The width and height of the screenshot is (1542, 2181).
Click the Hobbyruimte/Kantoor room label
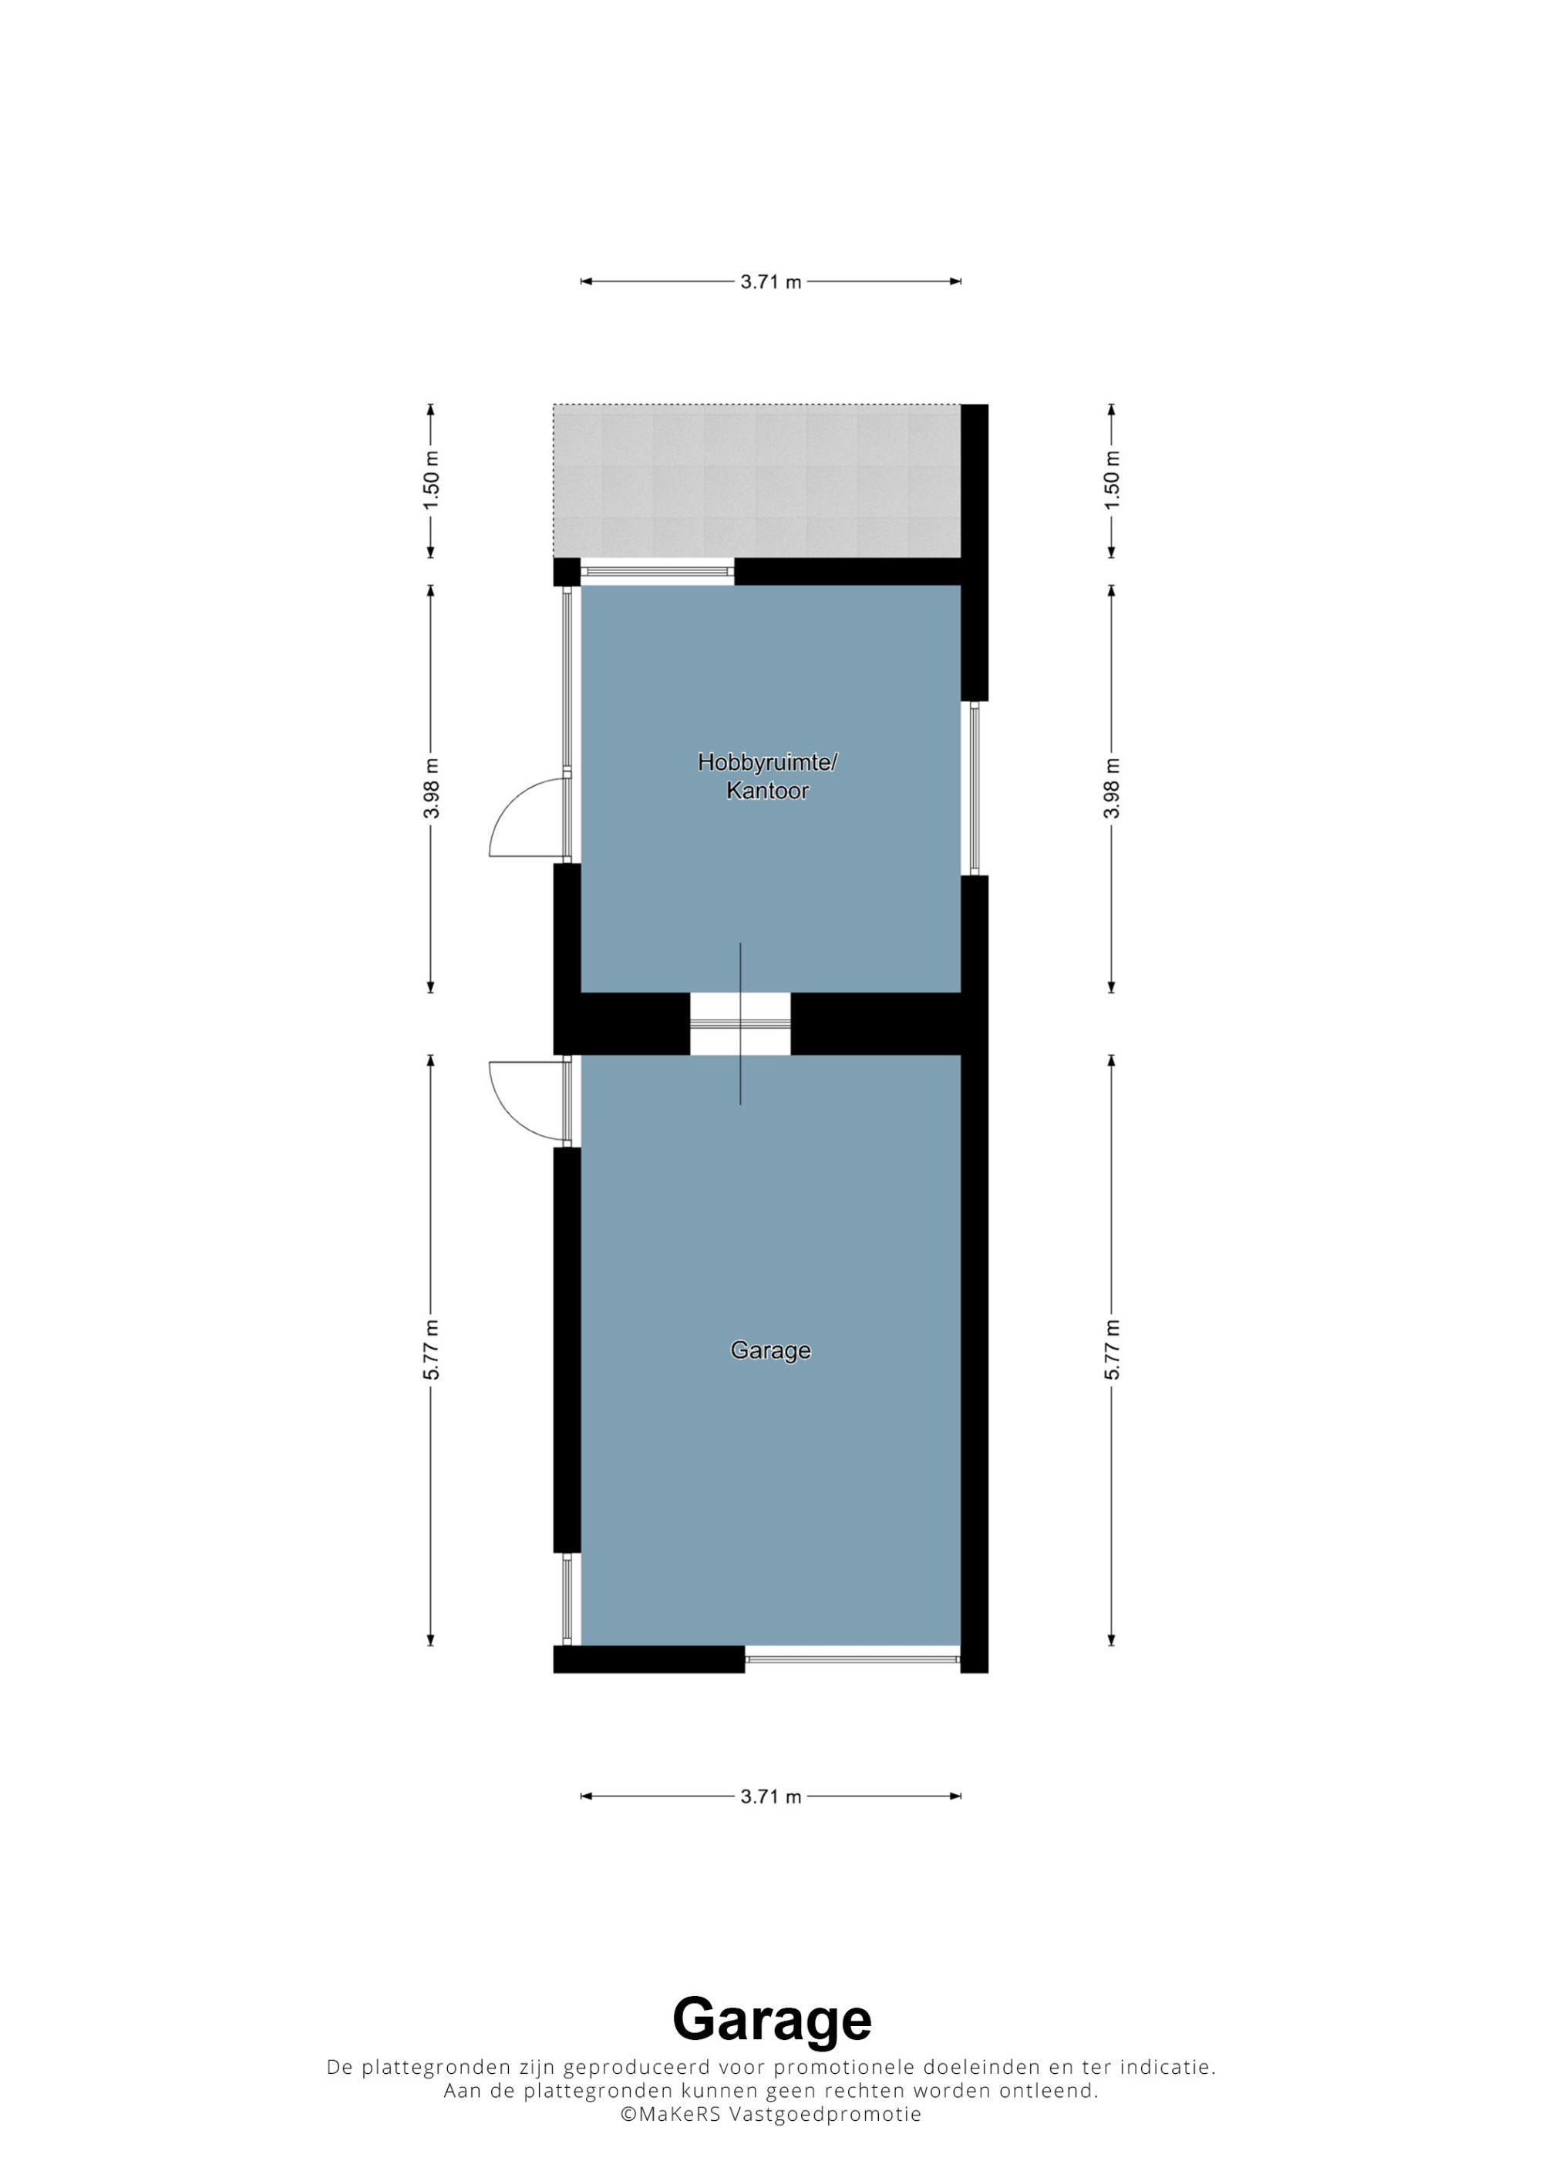[x=768, y=776]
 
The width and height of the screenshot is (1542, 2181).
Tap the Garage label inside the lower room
[x=770, y=1349]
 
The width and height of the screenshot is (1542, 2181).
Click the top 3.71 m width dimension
[x=770, y=281]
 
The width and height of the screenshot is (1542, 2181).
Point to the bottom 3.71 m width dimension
[x=770, y=1796]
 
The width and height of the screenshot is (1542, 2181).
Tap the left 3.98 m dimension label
[x=431, y=788]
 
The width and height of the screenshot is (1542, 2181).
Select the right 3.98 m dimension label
[x=1112, y=788]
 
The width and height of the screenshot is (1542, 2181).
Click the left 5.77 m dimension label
[x=431, y=1349]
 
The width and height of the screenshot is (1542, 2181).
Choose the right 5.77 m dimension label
[x=1112, y=1349]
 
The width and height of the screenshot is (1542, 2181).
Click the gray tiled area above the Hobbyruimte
[x=757, y=481]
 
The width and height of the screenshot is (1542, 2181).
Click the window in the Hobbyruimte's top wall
[x=658, y=571]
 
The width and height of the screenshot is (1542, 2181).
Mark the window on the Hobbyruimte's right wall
[x=974, y=788]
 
